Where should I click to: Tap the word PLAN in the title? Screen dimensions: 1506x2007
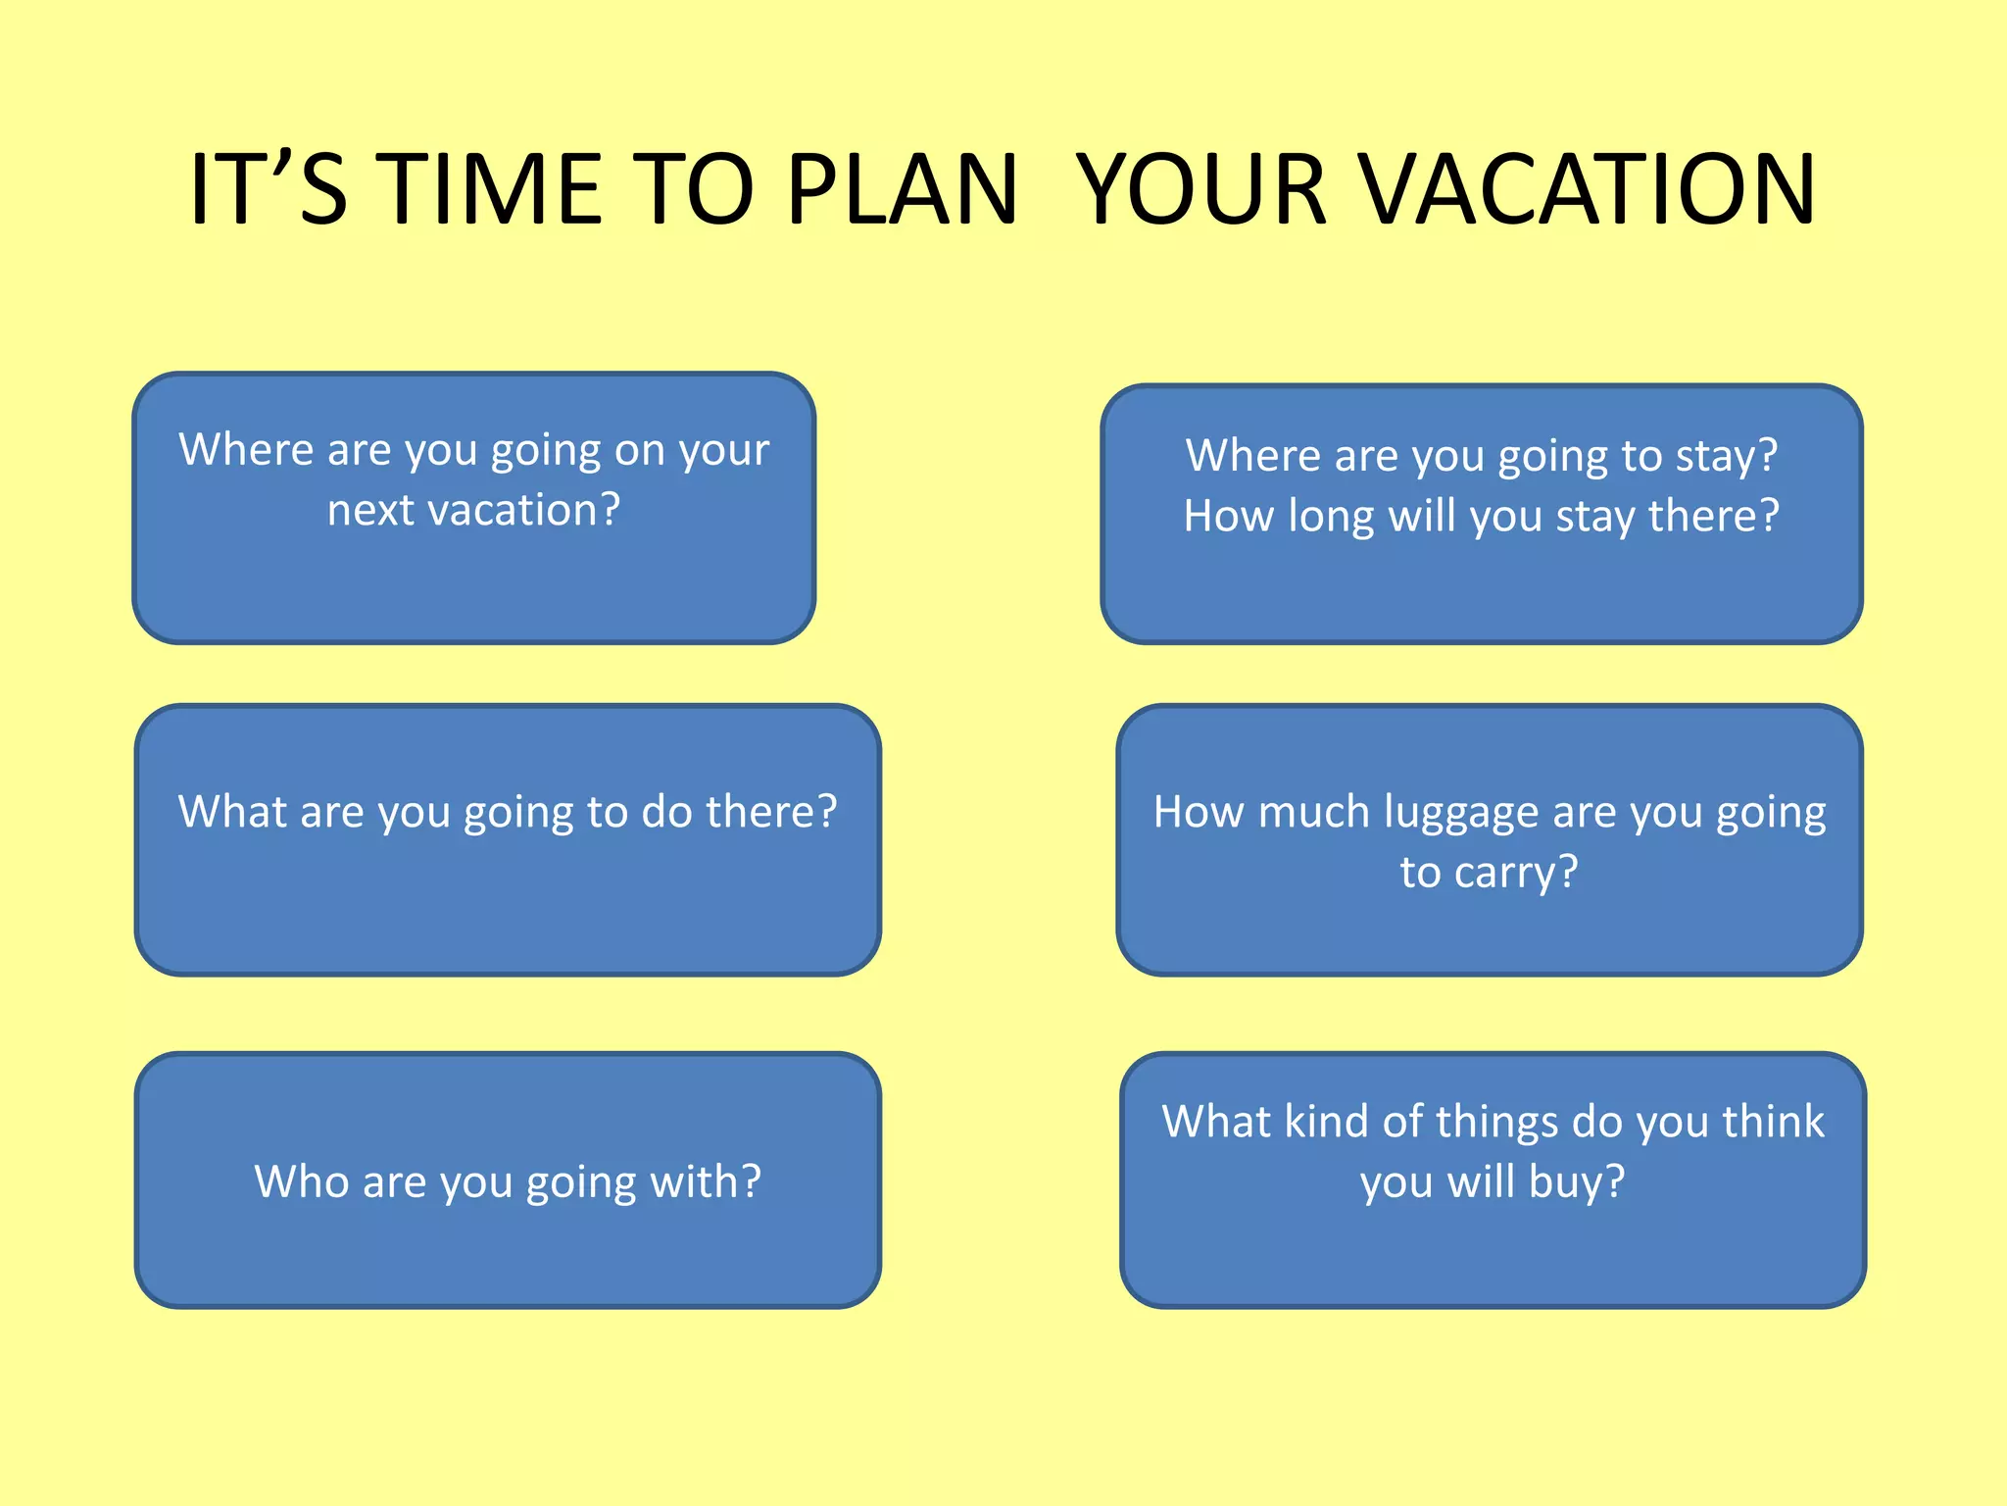coord(902,188)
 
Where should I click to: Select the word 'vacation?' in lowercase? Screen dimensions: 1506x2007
coord(524,510)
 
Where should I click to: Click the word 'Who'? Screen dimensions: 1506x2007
coord(301,1181)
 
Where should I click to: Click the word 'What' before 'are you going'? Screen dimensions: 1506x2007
coord(232,813)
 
